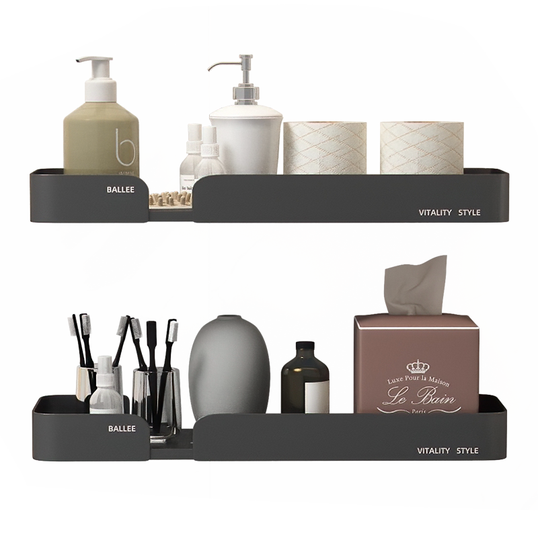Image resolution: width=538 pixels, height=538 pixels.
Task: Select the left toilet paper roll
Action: (325, 148)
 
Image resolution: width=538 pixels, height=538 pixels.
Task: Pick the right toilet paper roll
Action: (422, 148)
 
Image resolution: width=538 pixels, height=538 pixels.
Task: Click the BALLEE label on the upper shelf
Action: (120, 190)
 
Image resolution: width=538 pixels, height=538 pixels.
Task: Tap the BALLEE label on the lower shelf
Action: (122, 428)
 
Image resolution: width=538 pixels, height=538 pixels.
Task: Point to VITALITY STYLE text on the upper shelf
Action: (449, 213)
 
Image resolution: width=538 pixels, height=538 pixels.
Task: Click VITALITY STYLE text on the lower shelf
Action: (447, 451)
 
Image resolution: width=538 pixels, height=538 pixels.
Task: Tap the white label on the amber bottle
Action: (317, 397)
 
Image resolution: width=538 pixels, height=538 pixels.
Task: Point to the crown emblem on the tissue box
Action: (418, 367)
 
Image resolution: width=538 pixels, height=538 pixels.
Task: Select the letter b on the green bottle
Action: (124, 149)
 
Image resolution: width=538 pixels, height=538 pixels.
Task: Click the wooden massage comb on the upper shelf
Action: (170, 198)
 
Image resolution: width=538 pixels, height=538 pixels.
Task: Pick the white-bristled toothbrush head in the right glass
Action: (173, 331)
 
